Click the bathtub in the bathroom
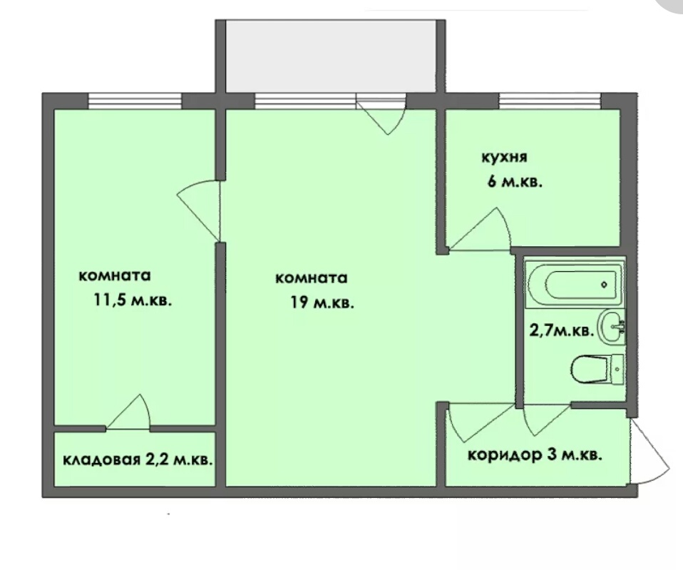click(575, 284)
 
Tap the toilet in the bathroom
click(597, 370)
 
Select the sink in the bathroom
click(612, 327)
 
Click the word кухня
click(504, 158)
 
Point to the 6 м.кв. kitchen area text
click(515, 181)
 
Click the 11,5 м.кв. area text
click(133, 300)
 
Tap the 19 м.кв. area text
click(322, 302)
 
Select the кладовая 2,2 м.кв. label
click(138, 459)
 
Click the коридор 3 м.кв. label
click(535, 455)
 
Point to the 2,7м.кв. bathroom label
click(562, 331)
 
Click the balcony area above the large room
click(331, 56)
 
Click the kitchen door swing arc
click(480, 230)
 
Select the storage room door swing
click(129, 412)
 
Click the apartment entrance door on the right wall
click(649, 451)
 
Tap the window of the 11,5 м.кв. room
click(135, 101)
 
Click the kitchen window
click(550, 101)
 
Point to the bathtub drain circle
click(604, 285)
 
